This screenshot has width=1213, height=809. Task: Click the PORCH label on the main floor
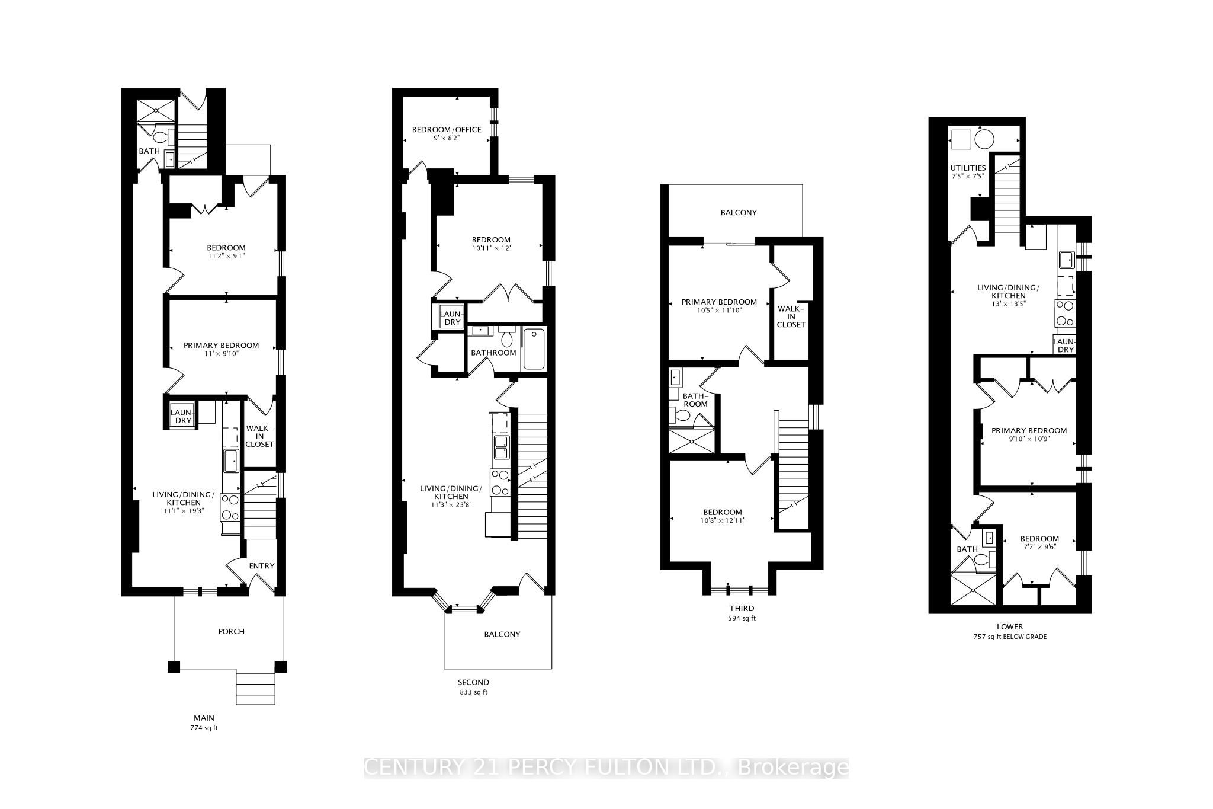(231, 631)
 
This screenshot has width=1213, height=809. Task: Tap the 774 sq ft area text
(204, 728)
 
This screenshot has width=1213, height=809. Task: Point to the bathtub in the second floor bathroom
(534, 349)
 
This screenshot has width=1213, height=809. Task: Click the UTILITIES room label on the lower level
(968, 168)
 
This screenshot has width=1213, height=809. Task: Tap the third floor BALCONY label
(738, 212)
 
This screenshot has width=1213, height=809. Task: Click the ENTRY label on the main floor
(261, 565)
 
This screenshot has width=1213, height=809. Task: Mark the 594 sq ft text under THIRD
(742, 618)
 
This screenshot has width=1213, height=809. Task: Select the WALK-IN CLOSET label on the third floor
(791, 316)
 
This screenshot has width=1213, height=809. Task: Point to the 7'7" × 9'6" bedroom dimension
(1039, 548)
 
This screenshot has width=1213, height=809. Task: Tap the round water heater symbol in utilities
(984, 140)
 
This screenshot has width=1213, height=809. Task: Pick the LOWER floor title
(1010, 626)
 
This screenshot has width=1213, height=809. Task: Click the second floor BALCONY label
(502, 634)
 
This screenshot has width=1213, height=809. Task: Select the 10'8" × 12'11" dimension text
(722, 520)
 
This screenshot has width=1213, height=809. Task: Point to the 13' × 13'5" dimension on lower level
(1008, 303)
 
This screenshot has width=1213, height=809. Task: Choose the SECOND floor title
(473, 682)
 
